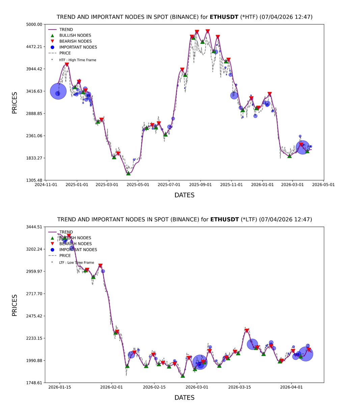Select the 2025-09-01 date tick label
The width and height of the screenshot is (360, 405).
click(x=200, y=185)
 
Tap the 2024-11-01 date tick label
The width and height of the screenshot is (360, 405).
click(x=46, y=185)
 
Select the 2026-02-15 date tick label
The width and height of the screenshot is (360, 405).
click(x=154, y=387)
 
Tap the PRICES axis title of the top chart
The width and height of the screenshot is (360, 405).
click(x=15, y=103)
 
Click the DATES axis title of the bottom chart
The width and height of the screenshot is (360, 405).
click(x=184, y=398)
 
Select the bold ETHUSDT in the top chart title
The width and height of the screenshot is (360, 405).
click(x=224, y=17)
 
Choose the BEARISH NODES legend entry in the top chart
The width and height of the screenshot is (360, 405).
click(x=75, y=41)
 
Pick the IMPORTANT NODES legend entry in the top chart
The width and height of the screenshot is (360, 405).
click(x=78, y=47)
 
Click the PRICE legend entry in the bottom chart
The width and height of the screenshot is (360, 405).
click(x=65, y=255)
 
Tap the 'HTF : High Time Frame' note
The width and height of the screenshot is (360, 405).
click(x=77, y=60)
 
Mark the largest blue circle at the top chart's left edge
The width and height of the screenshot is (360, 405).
click(x=58, y=91)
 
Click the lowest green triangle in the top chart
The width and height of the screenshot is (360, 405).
click(x=128, y=173)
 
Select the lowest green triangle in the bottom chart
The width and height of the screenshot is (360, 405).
click(x=183, y=376)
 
